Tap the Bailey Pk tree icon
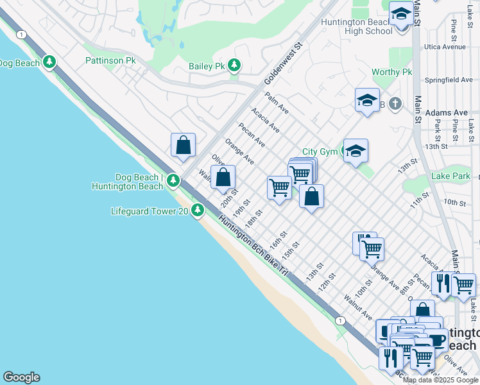(x=235, y=65)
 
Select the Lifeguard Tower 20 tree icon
(x=199, y=210)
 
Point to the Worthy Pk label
(x=391, y=73)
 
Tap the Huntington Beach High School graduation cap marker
(x=401, y=13)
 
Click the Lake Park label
(x=450, y=176)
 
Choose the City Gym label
(x=320, y=152)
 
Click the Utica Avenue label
(x=444, y=47)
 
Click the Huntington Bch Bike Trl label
(x=253, y=247)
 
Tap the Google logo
(x=21, y=377)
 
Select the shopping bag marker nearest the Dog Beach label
(x=183, y=145)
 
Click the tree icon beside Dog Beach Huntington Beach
(x=173, y=182)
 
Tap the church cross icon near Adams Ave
(x=396, y=103)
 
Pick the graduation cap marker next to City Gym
(x=356, y=151)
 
